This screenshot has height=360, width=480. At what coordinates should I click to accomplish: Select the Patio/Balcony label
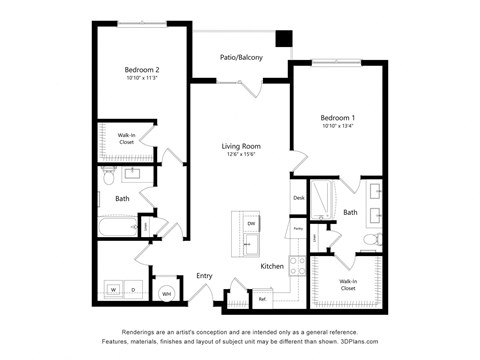click(x=241, y=57)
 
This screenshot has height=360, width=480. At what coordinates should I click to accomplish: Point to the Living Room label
click(x=241, y=146)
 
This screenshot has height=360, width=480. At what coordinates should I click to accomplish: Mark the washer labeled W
click(x=112, y=290)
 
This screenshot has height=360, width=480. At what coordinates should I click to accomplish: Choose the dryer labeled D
click(x=132, y=290)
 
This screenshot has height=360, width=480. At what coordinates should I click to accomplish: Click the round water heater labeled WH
click(x=167, y=292)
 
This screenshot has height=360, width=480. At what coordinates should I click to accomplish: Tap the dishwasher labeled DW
click(x=251, y=222)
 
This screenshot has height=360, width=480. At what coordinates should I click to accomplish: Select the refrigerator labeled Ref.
click(x=262, y=298)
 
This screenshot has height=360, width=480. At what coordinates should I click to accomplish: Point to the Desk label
click(x=298, y=198)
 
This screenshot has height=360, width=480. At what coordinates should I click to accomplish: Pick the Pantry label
click(x=298, y=229)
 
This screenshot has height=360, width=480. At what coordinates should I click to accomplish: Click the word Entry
click(x=204, y=275)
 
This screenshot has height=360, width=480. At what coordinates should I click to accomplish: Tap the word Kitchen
click(x=273, y=267)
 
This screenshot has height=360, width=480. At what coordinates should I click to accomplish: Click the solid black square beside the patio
click(x=284, y=39)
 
